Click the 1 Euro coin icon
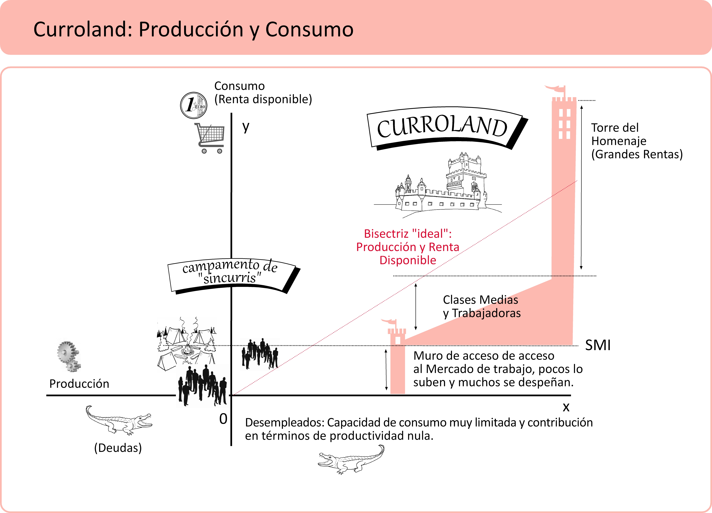click(193, 105)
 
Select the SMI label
click(598, 345)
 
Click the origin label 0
click(223, 419)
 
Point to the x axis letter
click(566, 407)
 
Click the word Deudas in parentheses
click(118, 448)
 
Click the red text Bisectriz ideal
click(408, 234)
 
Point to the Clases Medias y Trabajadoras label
click(482, 306)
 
